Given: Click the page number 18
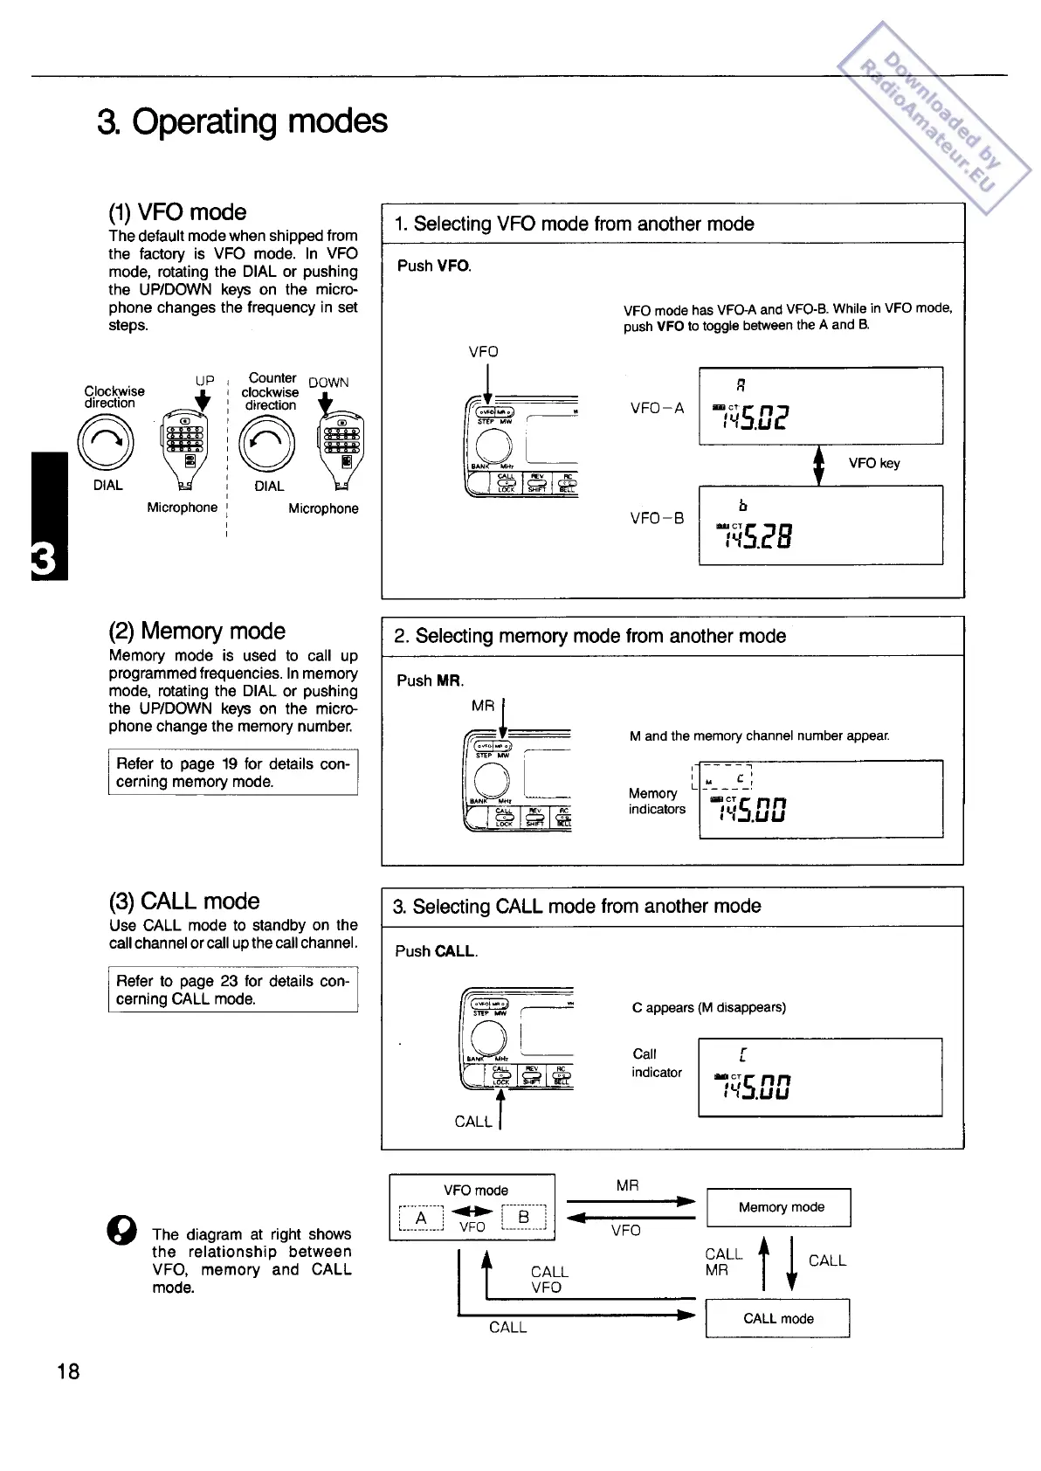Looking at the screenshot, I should tap(67, 1371).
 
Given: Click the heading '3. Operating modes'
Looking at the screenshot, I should tap(243, 121).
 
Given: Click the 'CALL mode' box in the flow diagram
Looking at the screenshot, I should tap(777, 1318).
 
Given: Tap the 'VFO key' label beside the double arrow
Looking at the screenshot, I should tap(873, 463).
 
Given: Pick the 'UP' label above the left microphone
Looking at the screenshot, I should tap(204, 381).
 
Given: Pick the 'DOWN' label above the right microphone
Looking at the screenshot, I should tap(328, 383).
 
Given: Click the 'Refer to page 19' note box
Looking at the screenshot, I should tap(233, 772).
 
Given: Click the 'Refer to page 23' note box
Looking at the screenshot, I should tap(233, 990).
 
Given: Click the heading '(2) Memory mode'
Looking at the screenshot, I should tap(197, 631).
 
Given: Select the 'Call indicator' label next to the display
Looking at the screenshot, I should tap(657, 1063).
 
